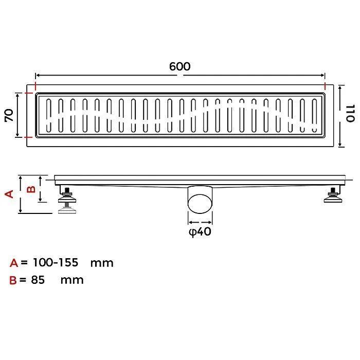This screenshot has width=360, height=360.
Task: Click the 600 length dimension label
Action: click(x=180, y=66)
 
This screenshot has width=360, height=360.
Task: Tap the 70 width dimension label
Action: click(x=9, y=115)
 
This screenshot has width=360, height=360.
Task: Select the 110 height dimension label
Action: click(x=350, y=114)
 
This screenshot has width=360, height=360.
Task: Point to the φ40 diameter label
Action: click(x=200, y=231)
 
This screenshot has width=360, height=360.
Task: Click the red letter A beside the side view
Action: click(x=9, y=194)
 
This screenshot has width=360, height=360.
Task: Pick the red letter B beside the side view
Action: click(x=31, y=189)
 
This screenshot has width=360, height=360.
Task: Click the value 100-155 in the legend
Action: click(x=56, y=262)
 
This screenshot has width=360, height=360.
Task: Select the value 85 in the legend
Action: click(x=38, y=280)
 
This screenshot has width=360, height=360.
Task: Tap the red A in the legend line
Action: click(x=14, y=263)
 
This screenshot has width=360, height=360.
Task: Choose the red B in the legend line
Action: click(x=13, y=280)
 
